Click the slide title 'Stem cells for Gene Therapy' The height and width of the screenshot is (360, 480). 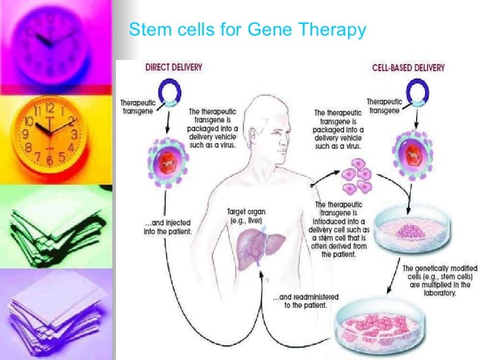tap(247, 30)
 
